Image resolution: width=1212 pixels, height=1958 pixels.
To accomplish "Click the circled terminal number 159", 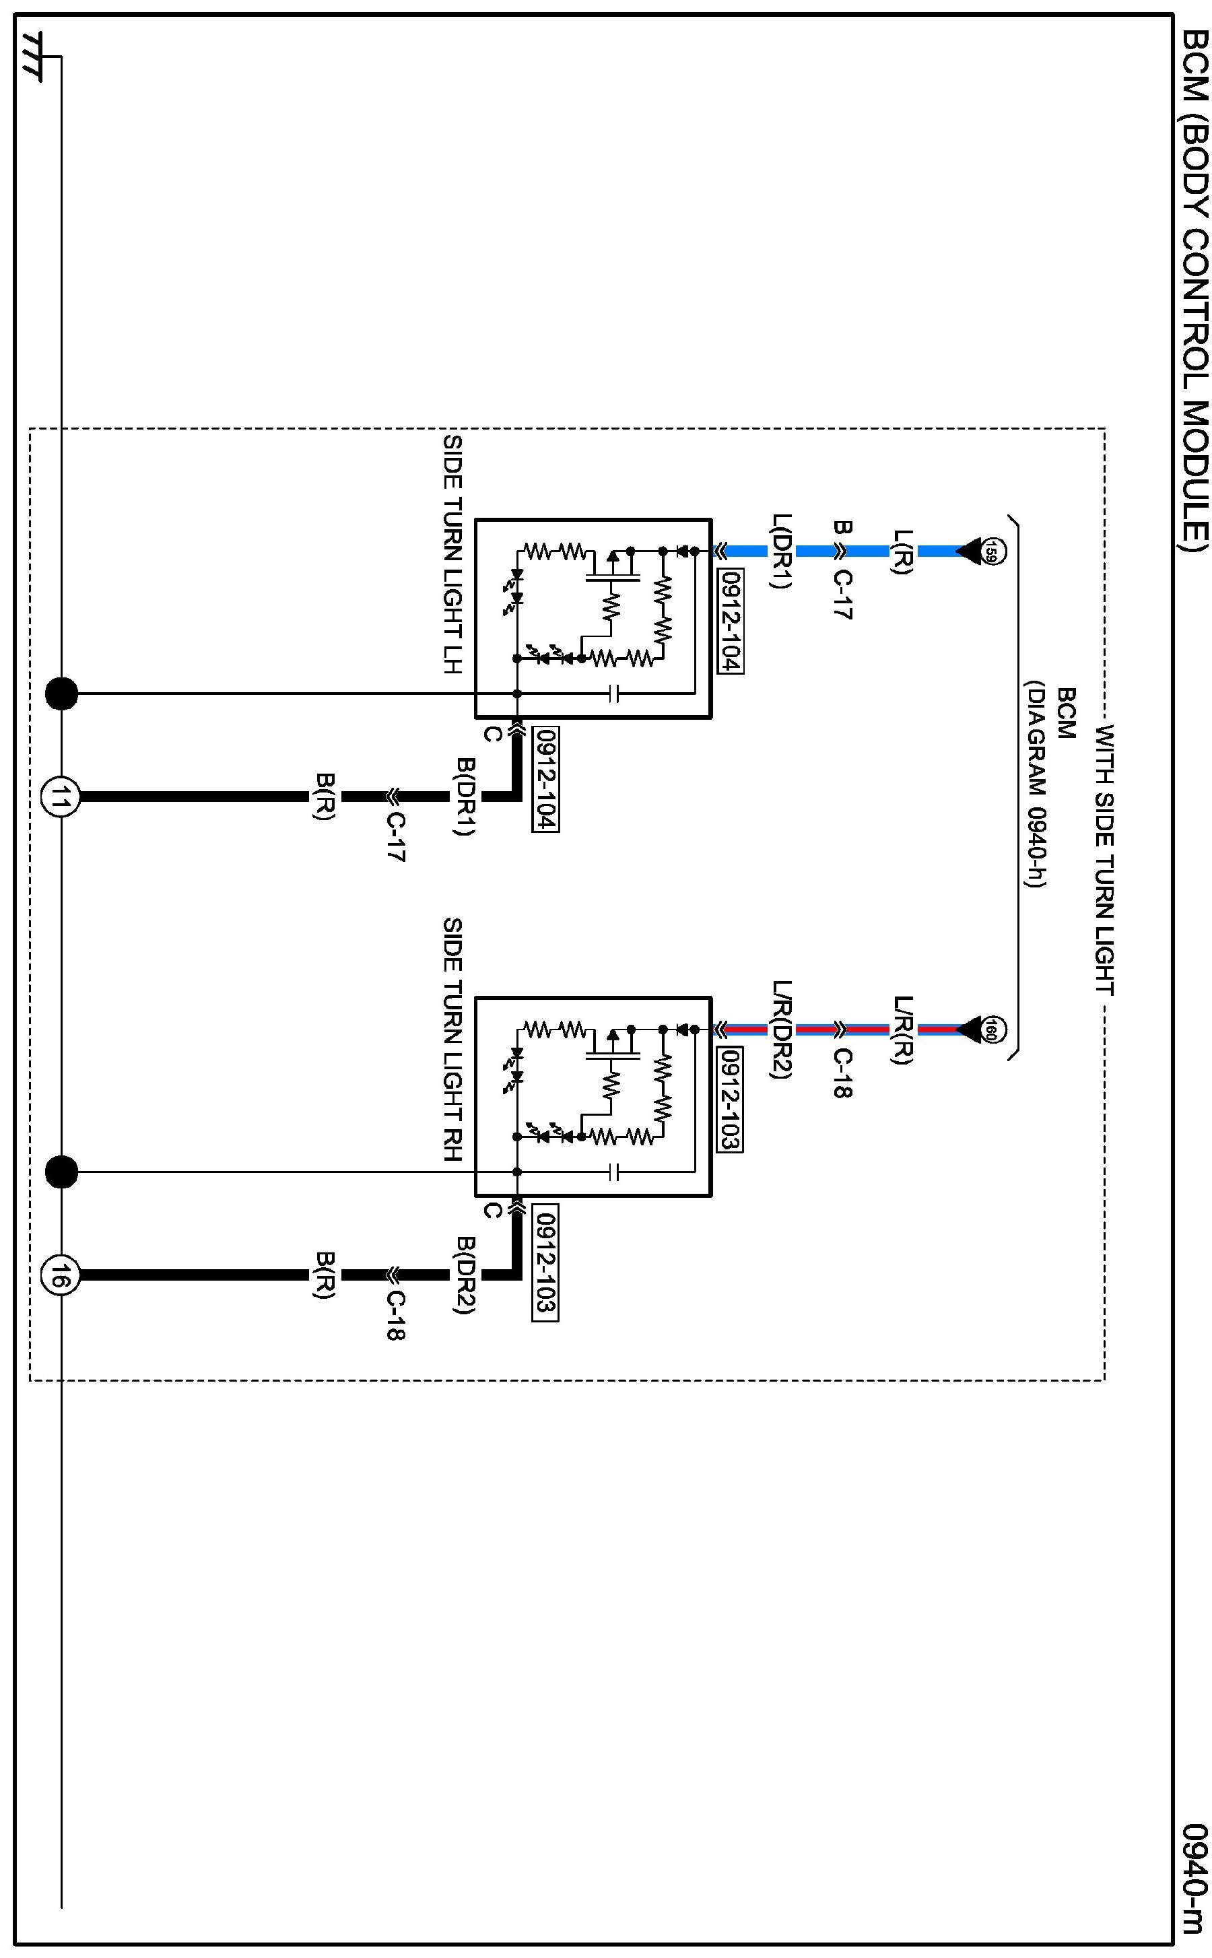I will pyautogui.click(x=993, y=551).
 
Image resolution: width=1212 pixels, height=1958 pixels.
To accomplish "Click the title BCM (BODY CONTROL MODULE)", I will pyautogui.click(x=1195, y=291).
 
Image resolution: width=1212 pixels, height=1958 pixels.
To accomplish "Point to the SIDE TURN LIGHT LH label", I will pyautogui.click(x=453, y=555).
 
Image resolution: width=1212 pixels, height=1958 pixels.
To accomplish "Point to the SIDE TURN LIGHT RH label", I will pyautogui.click(x=453, y=1040).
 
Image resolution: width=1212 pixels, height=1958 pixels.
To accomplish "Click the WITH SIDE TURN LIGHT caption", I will pyautogui.click(x=1106, y=859).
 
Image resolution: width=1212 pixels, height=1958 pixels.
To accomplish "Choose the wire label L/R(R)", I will pyautogui.click(x=902, y=1030).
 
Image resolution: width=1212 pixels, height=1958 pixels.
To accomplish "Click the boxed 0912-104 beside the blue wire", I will pyautogui.click(x=731, y=621).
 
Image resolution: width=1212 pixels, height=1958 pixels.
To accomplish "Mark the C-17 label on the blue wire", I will pyautogui.click(x=842, y=595).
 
